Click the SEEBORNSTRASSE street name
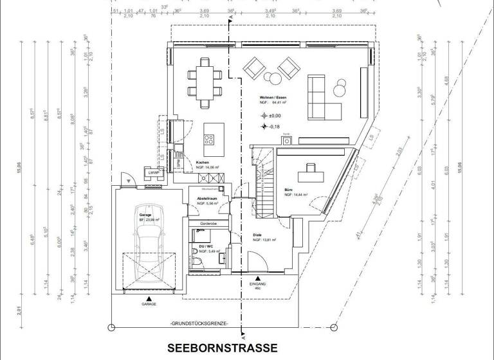pyautogui.click(x=223, y=348)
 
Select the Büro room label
pyautogui.click(x=289, y=190)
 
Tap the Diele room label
pyautogui.click(x=257, y=235)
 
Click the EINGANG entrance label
pyautogui.click(x=257, y=283)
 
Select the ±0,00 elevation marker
pyautogui.click(x=270, y=116)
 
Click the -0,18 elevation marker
pyautogui.click(x=270, y=127)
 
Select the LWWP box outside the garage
pyautogui.click(x=153, y=173)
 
